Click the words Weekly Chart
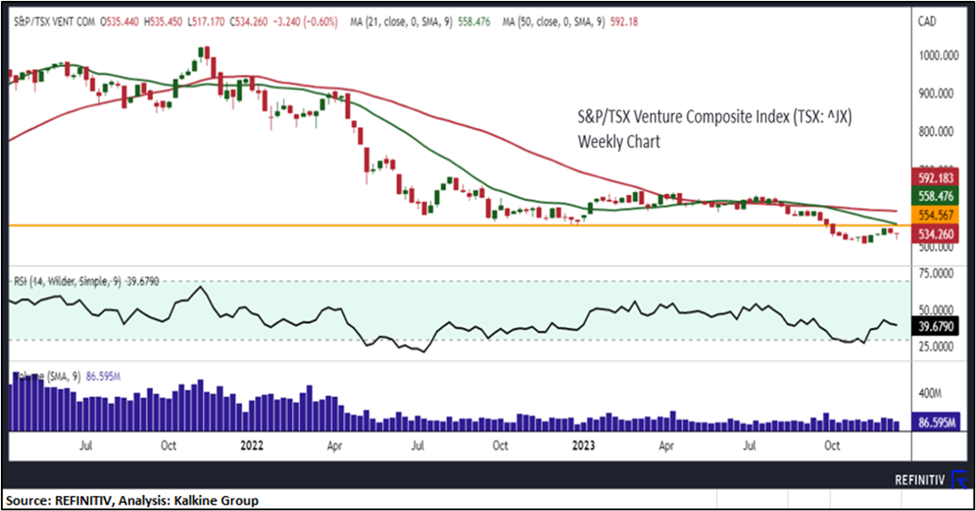619,141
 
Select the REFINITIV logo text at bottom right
919,480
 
